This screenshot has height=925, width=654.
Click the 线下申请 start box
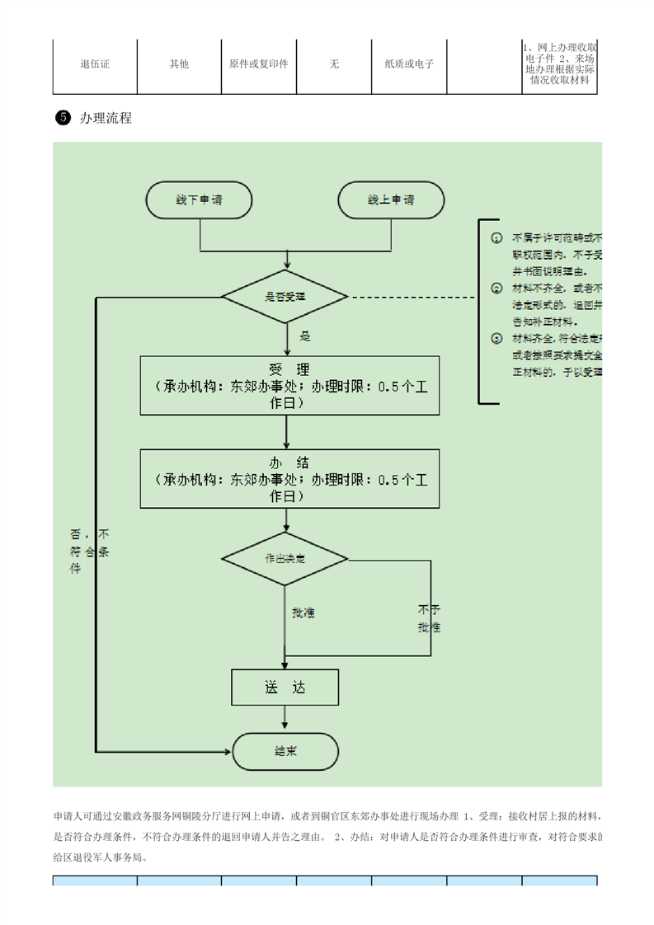click(200, 200)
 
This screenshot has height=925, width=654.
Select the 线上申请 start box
click(391, 200)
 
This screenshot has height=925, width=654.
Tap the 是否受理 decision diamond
click(285, 296)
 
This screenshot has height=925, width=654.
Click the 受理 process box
click(289, 385)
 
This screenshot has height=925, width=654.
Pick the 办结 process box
click(289, 478)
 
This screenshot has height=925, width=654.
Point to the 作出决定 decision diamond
click(285, 559)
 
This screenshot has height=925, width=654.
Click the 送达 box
click(285, 687)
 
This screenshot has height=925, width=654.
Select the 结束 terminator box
click(285, 751)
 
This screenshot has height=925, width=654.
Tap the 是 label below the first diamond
click(304, 336)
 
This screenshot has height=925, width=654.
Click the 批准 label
click(303, 613)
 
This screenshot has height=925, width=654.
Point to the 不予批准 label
click(429, 618)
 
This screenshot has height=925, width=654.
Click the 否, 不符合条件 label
click(89, 551)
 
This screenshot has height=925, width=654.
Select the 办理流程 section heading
click(106, 118)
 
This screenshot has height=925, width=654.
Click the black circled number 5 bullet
click(62, 118)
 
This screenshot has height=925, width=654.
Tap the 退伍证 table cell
click(95, 64)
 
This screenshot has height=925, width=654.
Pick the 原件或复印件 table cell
click(258, 64)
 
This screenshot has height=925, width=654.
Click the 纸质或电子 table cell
click(409, 64)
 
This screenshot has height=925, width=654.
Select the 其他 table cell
click(179, 64)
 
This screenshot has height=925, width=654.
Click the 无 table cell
click(334, 64)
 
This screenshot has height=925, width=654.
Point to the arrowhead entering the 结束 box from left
click(228, 751)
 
